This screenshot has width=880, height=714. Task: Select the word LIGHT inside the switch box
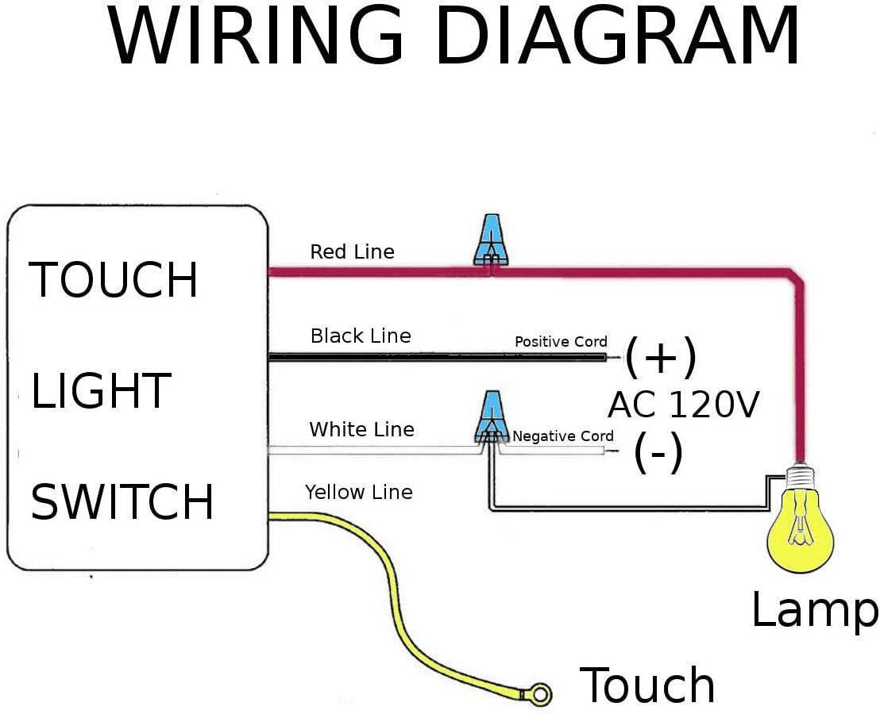pos(101,391)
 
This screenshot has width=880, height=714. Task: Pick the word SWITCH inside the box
pos(122,502)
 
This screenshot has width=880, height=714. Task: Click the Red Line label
pos(352,252)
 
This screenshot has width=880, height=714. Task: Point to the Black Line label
pos(361,336)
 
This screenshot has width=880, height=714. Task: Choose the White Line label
pos(361,430)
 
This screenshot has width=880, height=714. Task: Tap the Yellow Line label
pos(359,493)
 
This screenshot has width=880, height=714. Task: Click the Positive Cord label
pos(561,342)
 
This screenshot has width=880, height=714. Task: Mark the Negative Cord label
pos(563,436)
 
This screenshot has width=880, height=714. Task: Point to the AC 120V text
pos(684,405)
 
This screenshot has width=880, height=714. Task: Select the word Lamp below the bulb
pos(814,611)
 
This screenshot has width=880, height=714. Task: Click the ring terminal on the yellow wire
pos(539,695)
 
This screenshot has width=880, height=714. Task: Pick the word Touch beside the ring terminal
pos(647,685)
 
